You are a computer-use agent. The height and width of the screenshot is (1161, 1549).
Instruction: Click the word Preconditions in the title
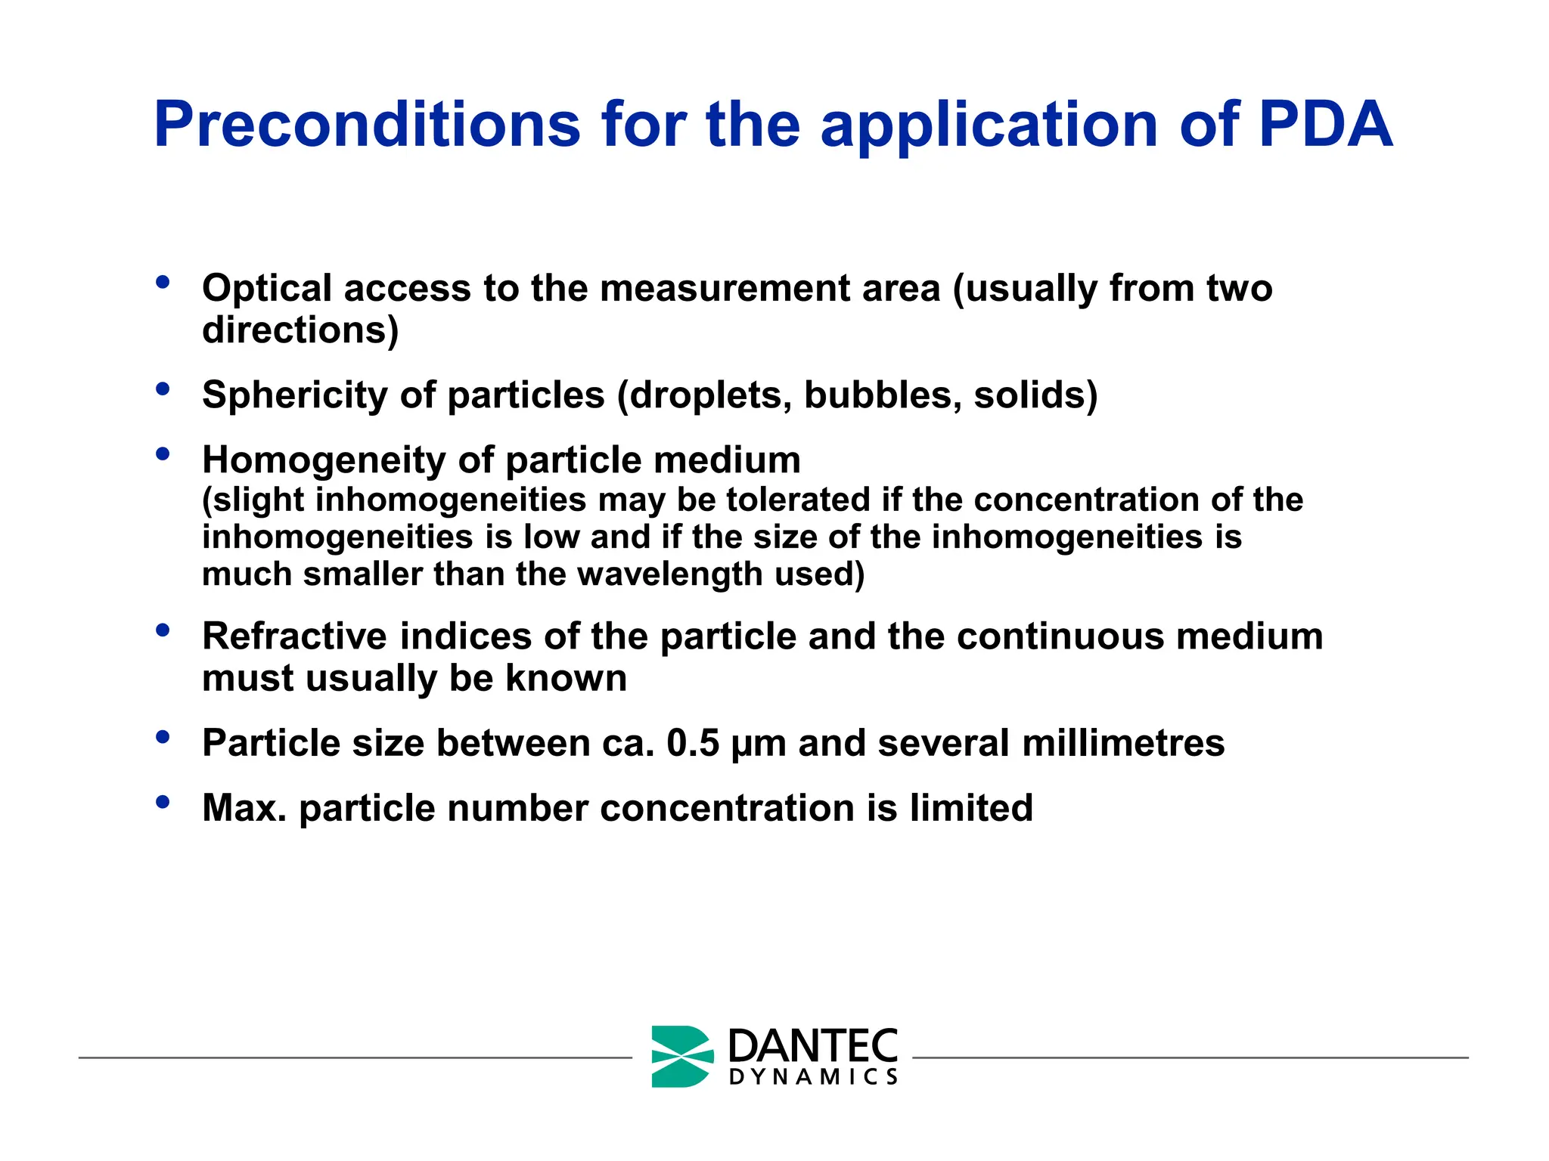367,125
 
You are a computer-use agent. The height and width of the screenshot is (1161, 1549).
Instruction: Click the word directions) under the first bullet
300,330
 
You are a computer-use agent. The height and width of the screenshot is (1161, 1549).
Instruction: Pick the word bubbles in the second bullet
883,395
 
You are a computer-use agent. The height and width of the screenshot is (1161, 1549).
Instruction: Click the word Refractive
294,636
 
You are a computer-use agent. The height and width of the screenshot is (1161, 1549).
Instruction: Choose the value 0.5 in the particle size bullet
693,743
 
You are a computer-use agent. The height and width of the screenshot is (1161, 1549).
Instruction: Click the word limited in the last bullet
970,808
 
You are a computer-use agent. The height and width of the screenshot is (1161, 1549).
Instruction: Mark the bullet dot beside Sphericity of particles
163,390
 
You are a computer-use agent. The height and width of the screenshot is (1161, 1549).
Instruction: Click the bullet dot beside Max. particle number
163,803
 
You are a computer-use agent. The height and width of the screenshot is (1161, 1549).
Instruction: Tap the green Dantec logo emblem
681,1057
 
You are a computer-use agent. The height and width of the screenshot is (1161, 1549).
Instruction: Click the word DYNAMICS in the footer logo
813,1076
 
